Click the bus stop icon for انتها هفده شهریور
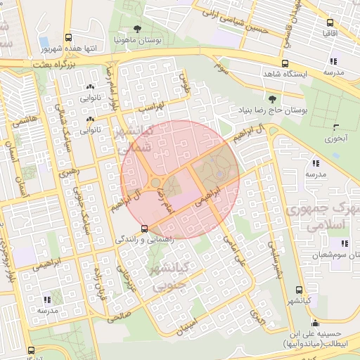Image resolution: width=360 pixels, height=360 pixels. [68, 38]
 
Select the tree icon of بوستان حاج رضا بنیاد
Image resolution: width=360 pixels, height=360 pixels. [272, 98]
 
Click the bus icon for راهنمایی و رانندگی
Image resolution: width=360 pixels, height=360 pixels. [144, 228]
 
